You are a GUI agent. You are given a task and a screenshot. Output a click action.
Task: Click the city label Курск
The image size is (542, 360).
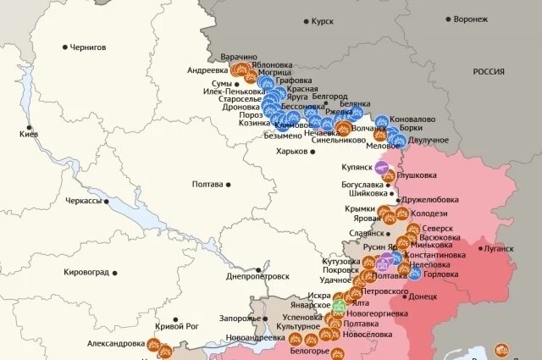pyautogui.click(x=323, y=20)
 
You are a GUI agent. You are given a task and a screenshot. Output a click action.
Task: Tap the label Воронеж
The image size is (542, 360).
pyautogui.click(x=471, y=19)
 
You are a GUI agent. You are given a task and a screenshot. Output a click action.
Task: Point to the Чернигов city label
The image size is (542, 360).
pyautogui.click(x=87, y=47)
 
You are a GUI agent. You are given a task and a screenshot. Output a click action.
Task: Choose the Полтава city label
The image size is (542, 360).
pyautogui.click(x=207, y=184)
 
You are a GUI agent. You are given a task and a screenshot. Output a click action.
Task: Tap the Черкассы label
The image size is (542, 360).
pyautogui.click(x=83, y=202)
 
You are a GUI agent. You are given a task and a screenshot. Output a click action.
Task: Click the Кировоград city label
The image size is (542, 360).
pyautogui.click(x=88, y=273)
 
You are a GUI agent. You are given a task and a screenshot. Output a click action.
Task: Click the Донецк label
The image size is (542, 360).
pyautogui.click(x=422, y=297)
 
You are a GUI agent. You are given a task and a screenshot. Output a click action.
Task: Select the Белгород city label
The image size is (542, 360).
pyautogui.click(x=330, y=97)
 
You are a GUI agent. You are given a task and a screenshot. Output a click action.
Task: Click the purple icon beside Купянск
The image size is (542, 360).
pyautogui.click(x=382, y=166)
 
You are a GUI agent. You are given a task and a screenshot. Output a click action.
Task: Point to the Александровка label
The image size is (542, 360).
pyautogui.click(x=115, y=344)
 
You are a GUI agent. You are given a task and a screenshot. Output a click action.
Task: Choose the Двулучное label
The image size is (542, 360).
pyautogui.click(x=428, y=139)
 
